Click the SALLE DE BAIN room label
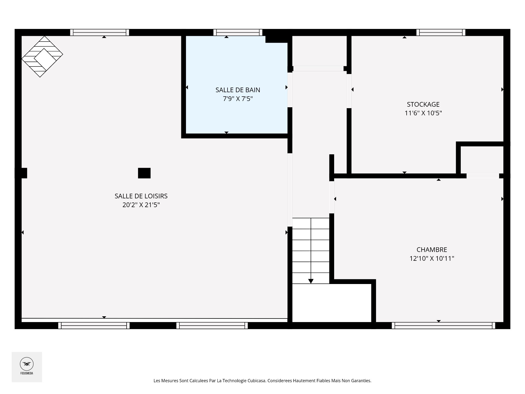click(x=238, y=90)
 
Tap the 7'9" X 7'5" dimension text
click(x=238, y=99)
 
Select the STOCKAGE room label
click(x=423, y=104)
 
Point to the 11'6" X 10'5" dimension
click(x=423, y=113)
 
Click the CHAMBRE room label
click(x=432, y=250)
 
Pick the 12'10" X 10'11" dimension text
click(x=432, y=258)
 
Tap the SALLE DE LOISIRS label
click(x=141, y=196)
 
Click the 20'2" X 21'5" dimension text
click(x=141, y=205)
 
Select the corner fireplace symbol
click(x=42, y=56)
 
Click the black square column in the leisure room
click(x=144, y=173)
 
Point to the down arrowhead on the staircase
click(x=311, y=281)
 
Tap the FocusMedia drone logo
click(x=27, y=364)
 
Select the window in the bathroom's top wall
click(x=238, y=33)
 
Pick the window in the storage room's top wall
click(x=441, y=33)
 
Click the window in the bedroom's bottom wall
click(x=444, y=325)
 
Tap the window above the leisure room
click(x=100, y=33)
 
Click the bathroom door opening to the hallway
click(x=290, y=90)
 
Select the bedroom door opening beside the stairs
click(x=332, y=197)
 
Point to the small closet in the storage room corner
click(x=482, y=160)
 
